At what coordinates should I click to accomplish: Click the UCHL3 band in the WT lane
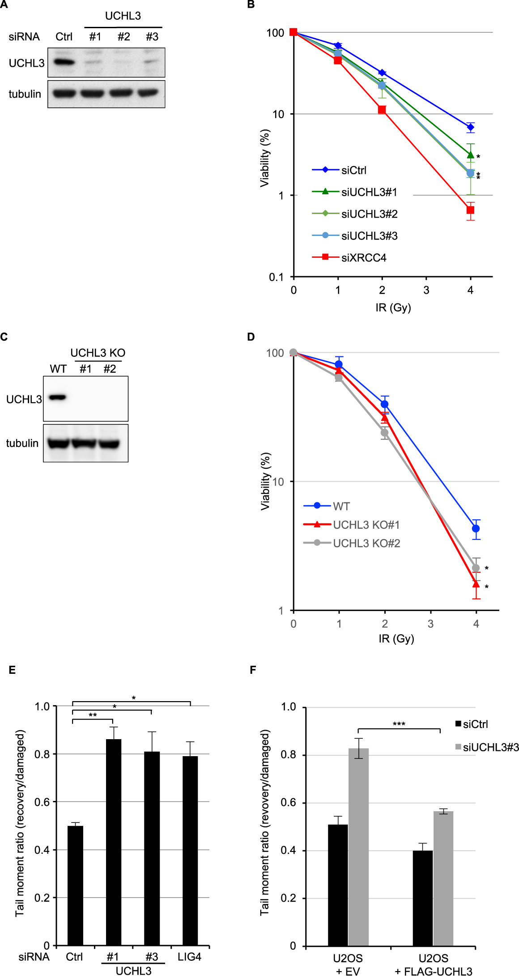(57, 397)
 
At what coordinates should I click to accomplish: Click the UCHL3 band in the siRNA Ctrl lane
(64, 62)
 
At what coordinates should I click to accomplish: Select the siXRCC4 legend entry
(363, 258)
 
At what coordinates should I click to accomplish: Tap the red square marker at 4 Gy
(470, 210)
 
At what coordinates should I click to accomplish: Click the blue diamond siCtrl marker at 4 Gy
(470, 127)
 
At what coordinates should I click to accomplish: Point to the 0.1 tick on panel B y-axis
(276, 277)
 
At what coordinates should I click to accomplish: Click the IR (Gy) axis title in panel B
(393, 308)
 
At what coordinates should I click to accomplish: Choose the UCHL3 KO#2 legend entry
(366, 543)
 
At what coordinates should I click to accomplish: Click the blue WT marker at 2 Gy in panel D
(384, 404)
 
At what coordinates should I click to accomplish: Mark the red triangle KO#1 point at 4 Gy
(476, 584)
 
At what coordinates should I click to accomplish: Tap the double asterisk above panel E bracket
(93, 715)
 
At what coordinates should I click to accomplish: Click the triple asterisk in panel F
(399, 724)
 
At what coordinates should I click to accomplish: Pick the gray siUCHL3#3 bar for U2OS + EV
(358, 846)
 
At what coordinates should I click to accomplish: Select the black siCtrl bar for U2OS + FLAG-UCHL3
(422, 897)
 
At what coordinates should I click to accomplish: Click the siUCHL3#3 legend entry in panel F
(490, 747)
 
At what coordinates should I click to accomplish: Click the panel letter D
(251, 337)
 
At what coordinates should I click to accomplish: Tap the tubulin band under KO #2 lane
(109, 444)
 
